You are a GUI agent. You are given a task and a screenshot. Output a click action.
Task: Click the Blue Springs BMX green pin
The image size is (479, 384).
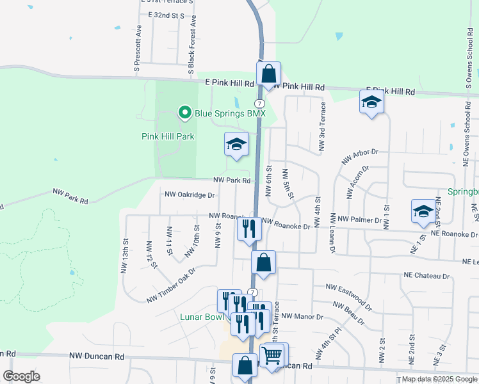(x=185, y=113)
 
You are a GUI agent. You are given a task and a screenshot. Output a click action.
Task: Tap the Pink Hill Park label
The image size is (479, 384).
(x=167, y=136)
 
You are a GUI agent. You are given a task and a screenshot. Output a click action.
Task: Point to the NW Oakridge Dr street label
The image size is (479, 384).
(x=190, y=195)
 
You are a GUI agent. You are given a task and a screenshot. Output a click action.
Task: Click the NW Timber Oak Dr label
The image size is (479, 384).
(x=170, y=285)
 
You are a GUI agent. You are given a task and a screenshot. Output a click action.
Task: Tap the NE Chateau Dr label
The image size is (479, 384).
(x=426, y=275)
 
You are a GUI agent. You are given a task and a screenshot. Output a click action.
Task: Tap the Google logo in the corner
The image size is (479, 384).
(x=21, y=376)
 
